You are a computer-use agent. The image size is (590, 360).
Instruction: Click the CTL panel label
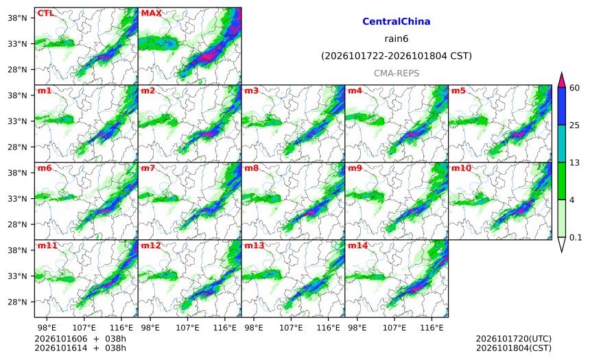[x=45, y=13]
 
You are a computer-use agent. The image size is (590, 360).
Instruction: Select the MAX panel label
[x=151, y=13]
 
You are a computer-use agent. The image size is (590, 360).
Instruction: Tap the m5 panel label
[x=458, y=91]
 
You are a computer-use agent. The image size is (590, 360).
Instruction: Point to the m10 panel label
[x=461, y=168]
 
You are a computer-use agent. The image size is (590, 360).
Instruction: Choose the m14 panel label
[x=358, y=245]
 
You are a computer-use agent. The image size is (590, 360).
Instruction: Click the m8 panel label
[x=251, y=168]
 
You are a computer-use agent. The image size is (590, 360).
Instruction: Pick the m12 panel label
[x=151, y=245]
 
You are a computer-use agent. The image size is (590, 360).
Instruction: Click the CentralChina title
[x=397, y=21]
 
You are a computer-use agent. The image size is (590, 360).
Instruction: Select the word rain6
[x=397, y=39]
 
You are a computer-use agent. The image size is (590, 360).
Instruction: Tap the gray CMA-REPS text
[x=397, y=73]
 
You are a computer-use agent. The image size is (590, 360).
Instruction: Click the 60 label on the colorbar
[x=574, y=88]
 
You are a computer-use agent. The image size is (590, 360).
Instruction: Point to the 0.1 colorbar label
[x=576, y=237]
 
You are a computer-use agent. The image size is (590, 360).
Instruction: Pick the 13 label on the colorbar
[x=574, y=163]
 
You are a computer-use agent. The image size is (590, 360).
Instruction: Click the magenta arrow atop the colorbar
[x=561, y=80]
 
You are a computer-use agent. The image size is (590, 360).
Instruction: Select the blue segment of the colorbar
[x=561, y=106]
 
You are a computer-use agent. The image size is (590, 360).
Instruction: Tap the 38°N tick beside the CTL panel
[x=18, y=18]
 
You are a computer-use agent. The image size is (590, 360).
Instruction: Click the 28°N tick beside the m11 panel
[x=18, y=302]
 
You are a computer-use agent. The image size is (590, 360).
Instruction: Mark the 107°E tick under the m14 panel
[x=394, y=328]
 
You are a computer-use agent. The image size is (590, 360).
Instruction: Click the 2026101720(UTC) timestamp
[x=514, y=339]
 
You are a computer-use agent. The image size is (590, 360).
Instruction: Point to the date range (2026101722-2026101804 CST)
[x=397, y=56]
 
